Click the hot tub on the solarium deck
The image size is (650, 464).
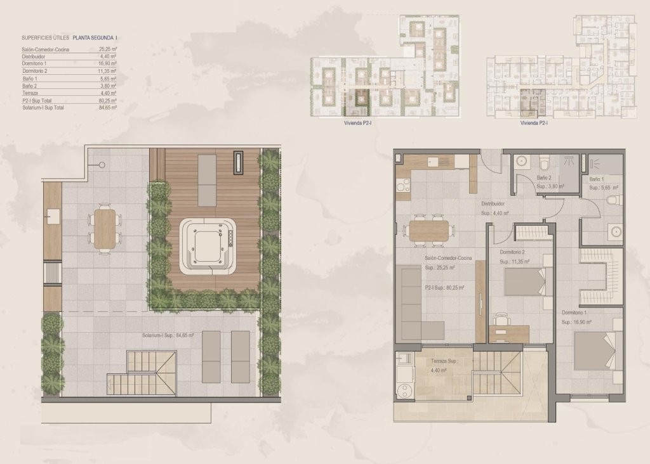click(x=208, y=246)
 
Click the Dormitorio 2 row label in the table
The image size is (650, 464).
click(x=34, y=71)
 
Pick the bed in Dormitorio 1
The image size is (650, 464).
click(x=595, y=350)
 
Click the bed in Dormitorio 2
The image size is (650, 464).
click(x=524, y=281)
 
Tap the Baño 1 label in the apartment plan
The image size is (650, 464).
click(x=597, y=179)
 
